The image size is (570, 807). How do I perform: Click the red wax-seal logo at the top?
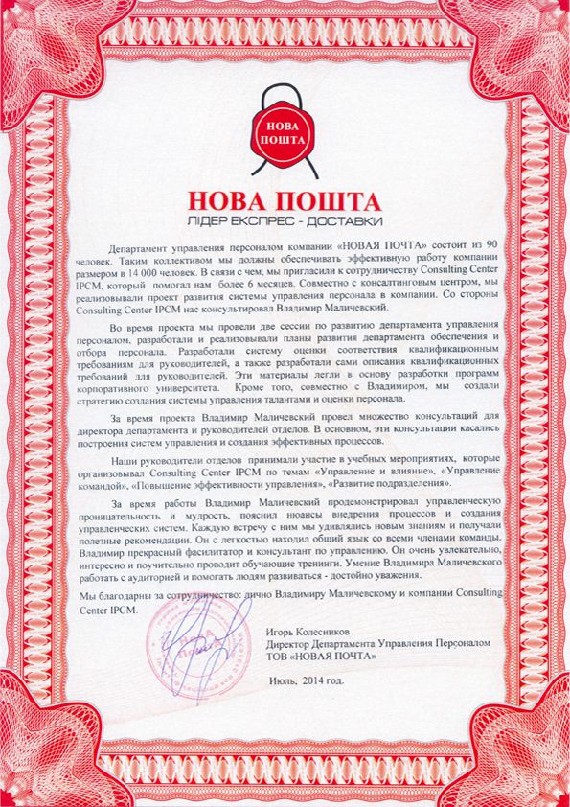coord(284,131)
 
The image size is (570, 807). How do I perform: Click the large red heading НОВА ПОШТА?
coord(285,202)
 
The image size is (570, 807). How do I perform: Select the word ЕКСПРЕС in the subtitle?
coord(281,222)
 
